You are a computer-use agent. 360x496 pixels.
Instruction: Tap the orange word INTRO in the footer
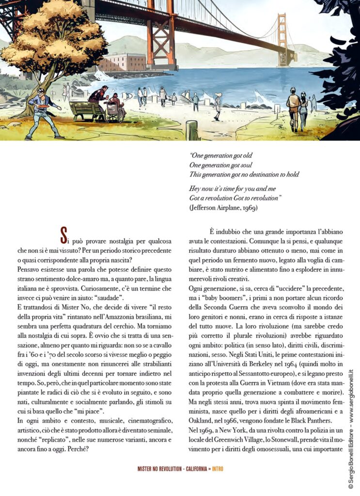click(x=217, y=469)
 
